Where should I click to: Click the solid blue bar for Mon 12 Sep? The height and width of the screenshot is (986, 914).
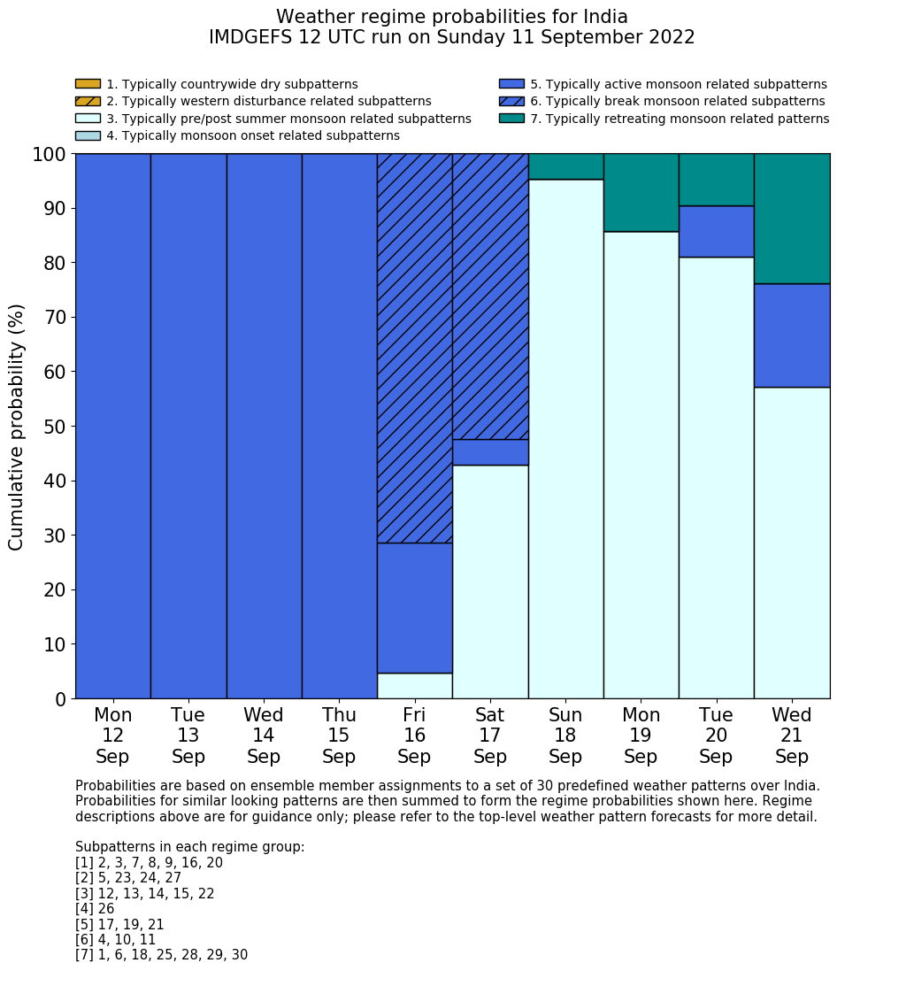[112, 426]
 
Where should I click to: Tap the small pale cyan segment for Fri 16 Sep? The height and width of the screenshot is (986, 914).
[414, 686]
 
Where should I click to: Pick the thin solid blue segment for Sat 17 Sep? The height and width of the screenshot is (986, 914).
[489, 452]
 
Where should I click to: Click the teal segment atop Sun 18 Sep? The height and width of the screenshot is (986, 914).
[565, 166]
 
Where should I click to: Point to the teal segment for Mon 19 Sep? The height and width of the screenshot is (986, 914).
[641, 192]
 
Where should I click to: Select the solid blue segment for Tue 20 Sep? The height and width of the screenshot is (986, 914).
[716, 231]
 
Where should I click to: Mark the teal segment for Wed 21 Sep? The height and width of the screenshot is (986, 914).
[792, 219]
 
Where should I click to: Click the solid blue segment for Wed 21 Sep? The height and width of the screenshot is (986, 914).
[792, 335]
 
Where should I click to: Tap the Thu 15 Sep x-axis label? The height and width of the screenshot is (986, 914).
[339, 736]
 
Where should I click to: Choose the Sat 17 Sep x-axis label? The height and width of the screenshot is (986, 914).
[489, 736]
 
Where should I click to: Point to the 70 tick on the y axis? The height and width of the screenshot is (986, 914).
[55, 317]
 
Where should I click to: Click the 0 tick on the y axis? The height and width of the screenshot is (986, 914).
[60, 699]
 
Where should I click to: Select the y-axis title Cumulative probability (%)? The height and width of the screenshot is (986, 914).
[17, 427]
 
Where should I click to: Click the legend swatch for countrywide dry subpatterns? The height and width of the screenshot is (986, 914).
[88, 84]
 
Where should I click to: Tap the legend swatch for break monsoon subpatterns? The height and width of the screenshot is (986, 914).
[511, 101]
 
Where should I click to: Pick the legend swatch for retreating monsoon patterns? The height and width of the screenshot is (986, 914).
[511, 119]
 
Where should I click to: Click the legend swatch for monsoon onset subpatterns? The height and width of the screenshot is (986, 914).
[88, 135]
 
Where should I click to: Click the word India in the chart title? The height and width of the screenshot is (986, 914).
[605, 17]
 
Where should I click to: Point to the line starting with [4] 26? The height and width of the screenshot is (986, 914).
[95, 909]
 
